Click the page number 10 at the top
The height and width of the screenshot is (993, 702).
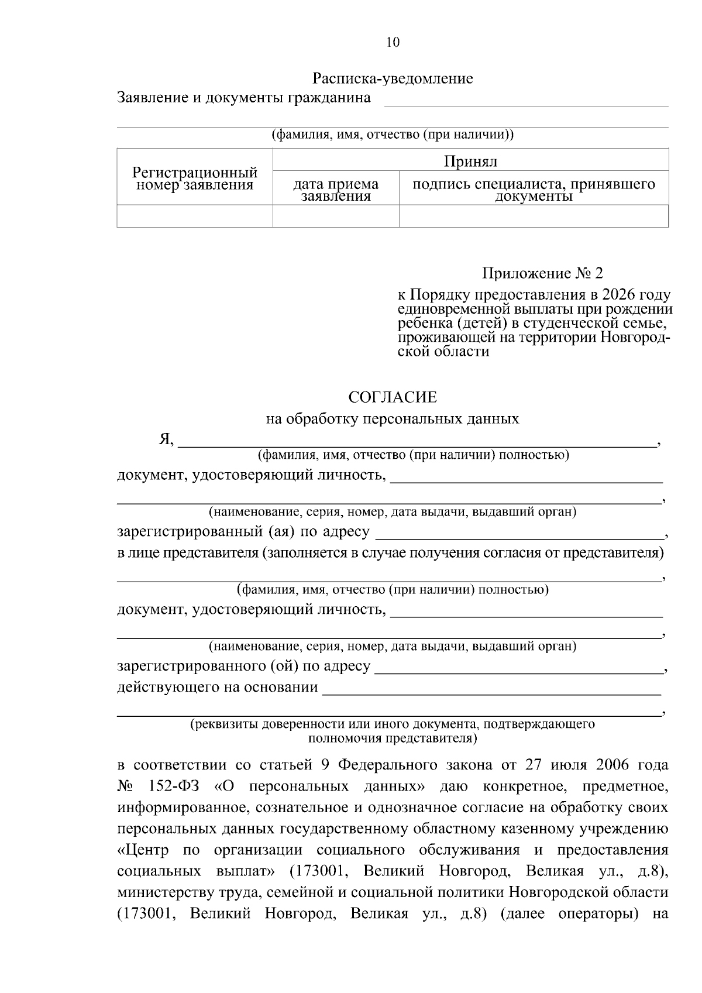(x=393, y=43)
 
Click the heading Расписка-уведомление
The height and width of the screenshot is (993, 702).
(x=393, y=78)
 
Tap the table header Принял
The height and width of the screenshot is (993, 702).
(x=470, y=161)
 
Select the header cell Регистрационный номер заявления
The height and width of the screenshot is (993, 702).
(x=195, y=179)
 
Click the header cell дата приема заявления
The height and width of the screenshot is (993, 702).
(x=336, y=190)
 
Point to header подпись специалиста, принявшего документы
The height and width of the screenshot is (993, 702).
(x=534, y=190)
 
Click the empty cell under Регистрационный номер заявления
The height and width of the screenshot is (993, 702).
(x=195, y=216)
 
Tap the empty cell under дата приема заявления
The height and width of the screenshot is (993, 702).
(x=336, y=216)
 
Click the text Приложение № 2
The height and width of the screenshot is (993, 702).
(x=542, y=273)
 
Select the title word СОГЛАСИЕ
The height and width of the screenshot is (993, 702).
(x=393, y=397)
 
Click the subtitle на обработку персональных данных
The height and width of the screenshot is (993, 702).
(x=393, y=419)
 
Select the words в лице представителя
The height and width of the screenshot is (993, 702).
(x=187, y=553)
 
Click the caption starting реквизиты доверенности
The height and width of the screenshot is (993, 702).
(x=393, y=724)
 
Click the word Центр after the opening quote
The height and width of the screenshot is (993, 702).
(x=146, y=850)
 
